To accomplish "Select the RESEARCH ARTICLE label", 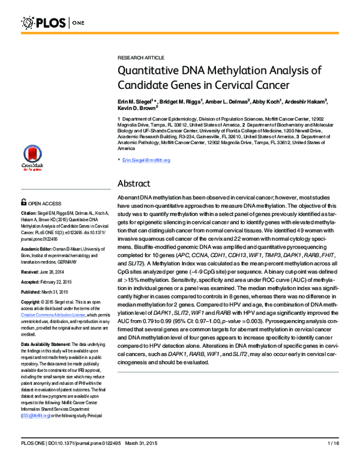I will click(140, 57).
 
